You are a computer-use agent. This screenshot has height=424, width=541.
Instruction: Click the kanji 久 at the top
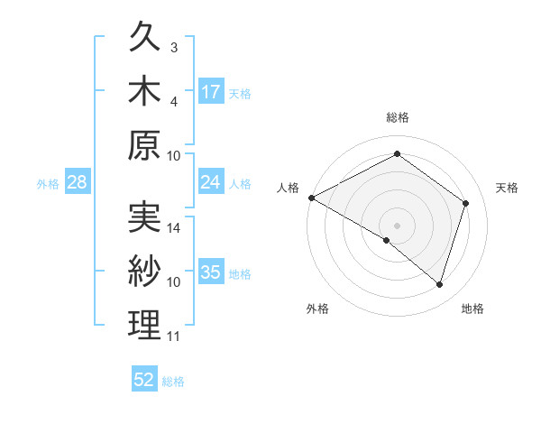coord(145,39)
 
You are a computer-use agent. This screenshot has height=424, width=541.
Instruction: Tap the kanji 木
coord(145,91)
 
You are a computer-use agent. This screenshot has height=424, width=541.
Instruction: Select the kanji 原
coord(145,144)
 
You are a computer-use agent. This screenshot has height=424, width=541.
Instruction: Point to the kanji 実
coord(145,219)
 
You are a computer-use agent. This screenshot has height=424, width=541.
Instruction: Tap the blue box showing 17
coord(211,91)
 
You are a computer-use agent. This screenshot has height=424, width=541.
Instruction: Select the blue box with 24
coord(211,182)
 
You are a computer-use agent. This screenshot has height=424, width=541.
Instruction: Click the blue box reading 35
coord(211,272)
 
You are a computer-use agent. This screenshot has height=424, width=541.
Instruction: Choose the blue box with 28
coord(77,182)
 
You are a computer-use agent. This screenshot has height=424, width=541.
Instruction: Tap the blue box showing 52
coord(144,380)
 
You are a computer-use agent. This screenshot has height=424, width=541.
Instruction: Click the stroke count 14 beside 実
coord(174,228)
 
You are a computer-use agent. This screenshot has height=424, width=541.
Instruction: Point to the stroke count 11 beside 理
coord(173,336)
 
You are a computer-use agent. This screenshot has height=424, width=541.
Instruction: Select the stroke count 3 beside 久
coord(174,47)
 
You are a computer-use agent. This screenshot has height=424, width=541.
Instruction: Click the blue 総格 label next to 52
coord(173,382)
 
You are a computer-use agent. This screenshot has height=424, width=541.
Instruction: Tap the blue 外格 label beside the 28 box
coord(48,184)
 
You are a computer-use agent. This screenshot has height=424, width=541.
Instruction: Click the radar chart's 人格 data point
coord(311,198)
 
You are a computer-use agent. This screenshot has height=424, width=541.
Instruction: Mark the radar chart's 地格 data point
coord(439,285)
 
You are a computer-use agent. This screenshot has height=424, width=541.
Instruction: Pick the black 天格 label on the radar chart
coord(508,188)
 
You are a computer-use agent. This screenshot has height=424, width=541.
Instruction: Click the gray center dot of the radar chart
coord(397,225)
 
